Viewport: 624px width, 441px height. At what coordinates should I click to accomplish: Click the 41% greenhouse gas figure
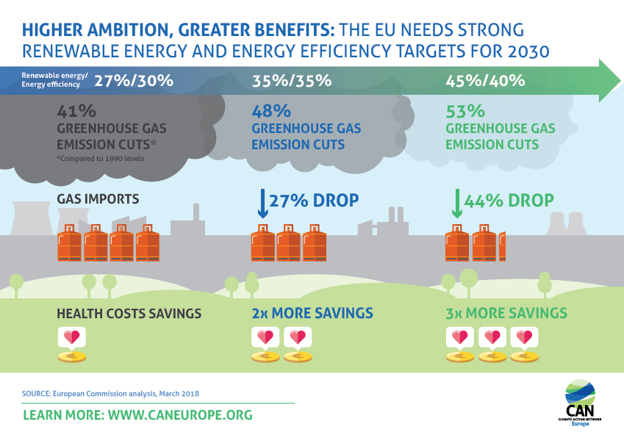pyautogui.click(x=76, y=112)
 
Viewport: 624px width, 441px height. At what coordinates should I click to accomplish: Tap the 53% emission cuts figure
pyautogui.click(x=465, y=112)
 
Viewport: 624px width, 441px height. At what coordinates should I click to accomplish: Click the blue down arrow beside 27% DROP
pyautogui.click(x=262, y=204)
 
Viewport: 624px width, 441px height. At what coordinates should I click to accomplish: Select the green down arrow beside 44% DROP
pyautogui.click(x=456, y=204)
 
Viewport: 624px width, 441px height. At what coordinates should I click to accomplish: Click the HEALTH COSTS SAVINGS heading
pyautogui.click(x=129, y=314)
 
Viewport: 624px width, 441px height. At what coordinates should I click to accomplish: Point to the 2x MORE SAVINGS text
pyautogui.click(x=312, y=314)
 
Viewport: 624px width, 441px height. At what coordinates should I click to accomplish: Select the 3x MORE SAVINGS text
pyautogui.click(x=506, y=314)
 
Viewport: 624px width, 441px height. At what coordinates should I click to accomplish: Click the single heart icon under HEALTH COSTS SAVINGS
pyautogui.click(x=72, y=338)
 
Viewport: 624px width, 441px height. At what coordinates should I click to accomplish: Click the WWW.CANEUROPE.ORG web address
pyautogui.click(x=180, y=415)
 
